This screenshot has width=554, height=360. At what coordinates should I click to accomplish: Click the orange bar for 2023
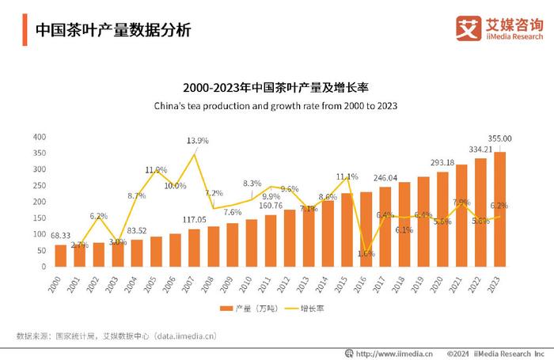point(500,210)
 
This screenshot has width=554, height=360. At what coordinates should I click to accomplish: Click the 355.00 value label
point(500,138)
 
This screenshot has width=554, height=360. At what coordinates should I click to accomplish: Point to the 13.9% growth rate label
point(197,141)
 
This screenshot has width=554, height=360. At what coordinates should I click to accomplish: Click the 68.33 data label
point(61,236)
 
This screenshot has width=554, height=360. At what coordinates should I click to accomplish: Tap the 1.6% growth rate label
point(366,254)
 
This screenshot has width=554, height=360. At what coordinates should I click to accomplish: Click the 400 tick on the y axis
point(39,137)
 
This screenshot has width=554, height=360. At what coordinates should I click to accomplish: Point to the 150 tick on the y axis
point(39,218)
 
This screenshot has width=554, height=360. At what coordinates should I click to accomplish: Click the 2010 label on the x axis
point(250,282)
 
